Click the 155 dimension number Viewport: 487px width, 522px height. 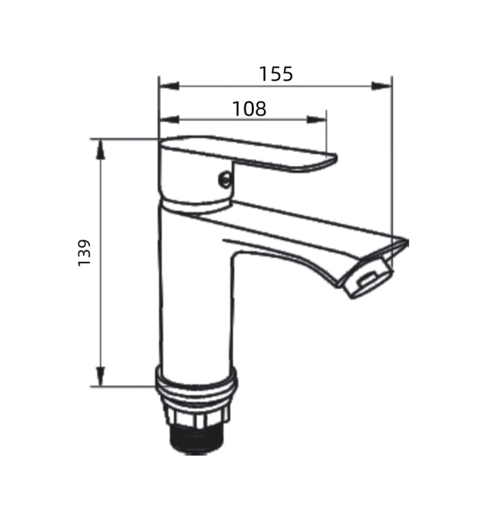pos(276,74)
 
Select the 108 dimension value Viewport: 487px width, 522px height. pos(249,109)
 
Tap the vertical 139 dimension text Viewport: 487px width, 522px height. pos(84,253)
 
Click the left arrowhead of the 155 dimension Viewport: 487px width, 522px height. pos(169,86)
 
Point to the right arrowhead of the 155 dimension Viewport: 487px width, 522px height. pos(381,86)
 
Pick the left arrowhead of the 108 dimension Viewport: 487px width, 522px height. pos(169,120)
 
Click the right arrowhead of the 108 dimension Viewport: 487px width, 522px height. pos(316,120)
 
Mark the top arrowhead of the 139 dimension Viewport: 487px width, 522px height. pos(101,149)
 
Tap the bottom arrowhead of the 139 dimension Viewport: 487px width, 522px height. pos(101,376)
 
